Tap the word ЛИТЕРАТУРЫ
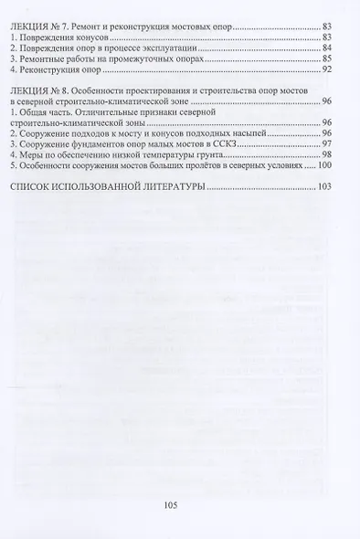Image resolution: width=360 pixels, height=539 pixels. coord(168,186)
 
